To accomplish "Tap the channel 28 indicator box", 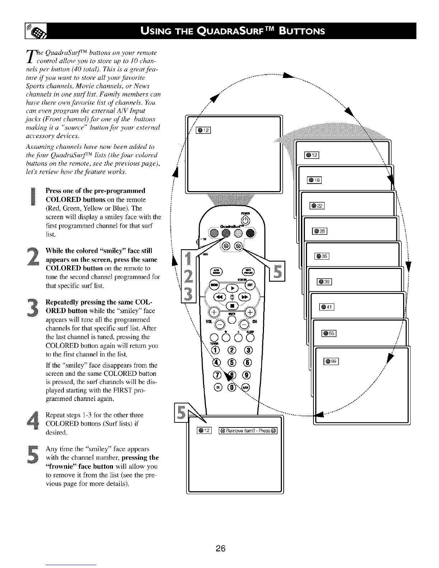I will [320, 231].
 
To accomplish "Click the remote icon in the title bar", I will [37, 31].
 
